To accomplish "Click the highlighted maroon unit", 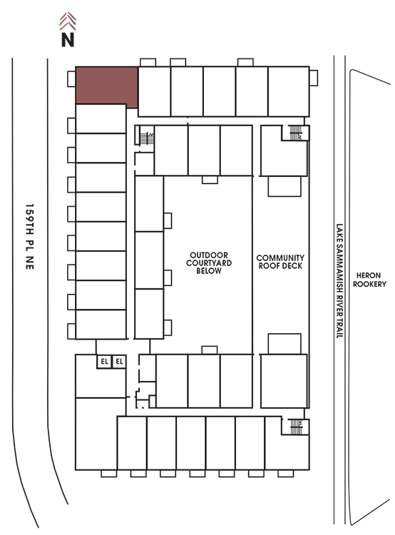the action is tap(106, 86).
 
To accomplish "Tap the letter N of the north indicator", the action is tap(68, 39).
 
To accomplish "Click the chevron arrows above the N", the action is tap(68, 21).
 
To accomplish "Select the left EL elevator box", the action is tap(104, 362).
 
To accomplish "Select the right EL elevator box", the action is tap(119, 362).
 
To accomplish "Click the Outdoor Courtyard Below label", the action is tap(209, 263).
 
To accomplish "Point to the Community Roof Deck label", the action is tap(280, 262).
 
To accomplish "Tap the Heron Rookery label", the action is tap(369, 280).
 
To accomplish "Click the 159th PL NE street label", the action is tap(30, 237).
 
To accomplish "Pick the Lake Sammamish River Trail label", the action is tap(339, 281).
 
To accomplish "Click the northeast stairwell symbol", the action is tap(296, 133).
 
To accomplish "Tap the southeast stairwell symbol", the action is tap(296, 427).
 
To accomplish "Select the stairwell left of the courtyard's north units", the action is tap(147, 138).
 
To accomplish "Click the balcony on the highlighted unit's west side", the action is tap(71, 78).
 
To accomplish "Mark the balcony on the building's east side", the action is tap(314, 78).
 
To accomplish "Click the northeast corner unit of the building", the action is tap(289, 91).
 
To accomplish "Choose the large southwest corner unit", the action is tap(96, 434).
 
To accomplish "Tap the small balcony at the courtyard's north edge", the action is tap(210, 180).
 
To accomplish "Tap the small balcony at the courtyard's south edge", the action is tap(210, 350).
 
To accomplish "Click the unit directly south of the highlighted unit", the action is tap(101, 118).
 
